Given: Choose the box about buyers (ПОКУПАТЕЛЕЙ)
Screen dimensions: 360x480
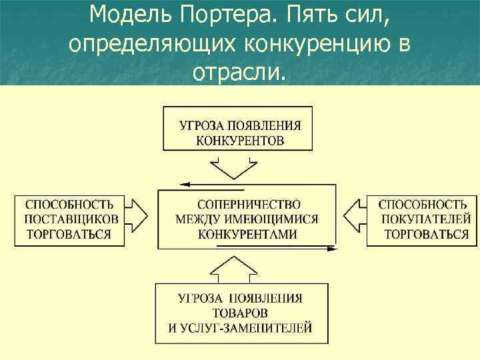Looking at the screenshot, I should point(421,219).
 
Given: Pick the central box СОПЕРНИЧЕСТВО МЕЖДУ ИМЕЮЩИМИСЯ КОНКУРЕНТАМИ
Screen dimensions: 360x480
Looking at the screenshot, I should point(247,219).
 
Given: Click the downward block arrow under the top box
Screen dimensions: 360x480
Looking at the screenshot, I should point(231,167).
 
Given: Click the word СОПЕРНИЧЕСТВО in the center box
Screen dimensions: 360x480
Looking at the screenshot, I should point(249,204).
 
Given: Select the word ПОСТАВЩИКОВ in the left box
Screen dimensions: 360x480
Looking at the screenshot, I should point(71,219).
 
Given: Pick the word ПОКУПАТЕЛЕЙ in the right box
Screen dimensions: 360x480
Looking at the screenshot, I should point(426,219).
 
